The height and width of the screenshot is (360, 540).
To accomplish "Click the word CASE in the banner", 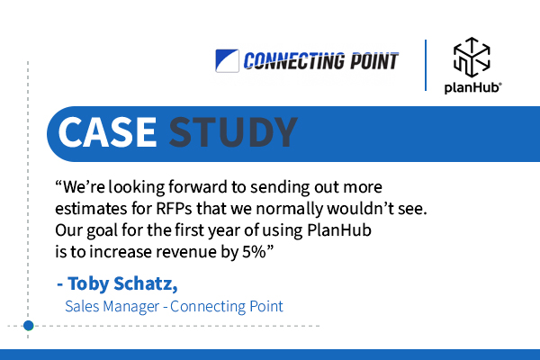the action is [107, 132].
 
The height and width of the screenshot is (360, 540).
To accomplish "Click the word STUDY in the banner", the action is [233, 132].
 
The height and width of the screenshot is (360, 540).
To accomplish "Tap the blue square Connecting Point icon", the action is [227, 61].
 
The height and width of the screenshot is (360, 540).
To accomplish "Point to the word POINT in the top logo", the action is [374, 61].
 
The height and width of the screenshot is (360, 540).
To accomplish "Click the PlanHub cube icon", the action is [472, 58].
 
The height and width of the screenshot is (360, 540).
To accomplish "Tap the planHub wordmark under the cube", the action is [472, 87].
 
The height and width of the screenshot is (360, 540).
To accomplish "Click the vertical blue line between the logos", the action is [426, 66].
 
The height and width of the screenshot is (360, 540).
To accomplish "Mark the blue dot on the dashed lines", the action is [29, 326].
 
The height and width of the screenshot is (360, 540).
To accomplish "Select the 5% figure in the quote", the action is [254, 252].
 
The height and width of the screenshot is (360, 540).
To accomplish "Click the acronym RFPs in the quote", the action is [174, 209].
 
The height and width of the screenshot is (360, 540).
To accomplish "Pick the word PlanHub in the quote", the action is [339, 230].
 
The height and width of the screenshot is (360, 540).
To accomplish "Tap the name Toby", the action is [88, 284].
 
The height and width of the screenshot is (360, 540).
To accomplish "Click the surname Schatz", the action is [146, 283].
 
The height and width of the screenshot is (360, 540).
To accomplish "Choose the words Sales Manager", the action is [112, 306].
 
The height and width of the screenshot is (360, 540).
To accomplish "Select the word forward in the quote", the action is [198, 187].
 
